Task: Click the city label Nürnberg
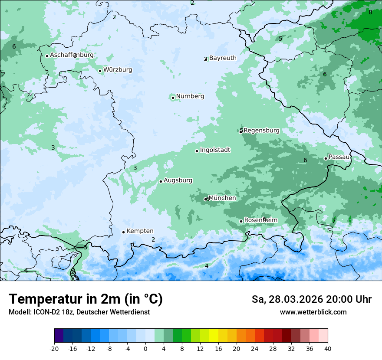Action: point(190,96)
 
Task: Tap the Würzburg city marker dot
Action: point(100,71)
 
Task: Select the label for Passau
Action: point(339,157)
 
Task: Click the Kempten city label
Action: point(140,231)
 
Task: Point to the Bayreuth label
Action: point(223,58)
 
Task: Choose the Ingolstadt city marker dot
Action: point(197,151)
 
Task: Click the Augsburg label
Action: point(178,180)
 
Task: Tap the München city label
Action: point(222,198)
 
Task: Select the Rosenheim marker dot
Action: point(241,221)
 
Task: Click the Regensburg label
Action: point(261,131)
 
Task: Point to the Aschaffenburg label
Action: point(72,55)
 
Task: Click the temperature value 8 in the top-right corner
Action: point(370,12)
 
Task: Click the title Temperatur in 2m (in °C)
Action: point(86,299)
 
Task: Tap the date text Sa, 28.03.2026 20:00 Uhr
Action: point(311,299)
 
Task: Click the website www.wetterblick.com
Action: point(313,312)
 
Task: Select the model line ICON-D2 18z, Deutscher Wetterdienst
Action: point(79,312)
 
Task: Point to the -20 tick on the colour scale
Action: point(54,349)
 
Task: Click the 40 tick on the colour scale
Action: point(327,349)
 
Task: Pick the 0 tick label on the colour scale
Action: point(145,349)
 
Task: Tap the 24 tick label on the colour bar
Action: point(255,349)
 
